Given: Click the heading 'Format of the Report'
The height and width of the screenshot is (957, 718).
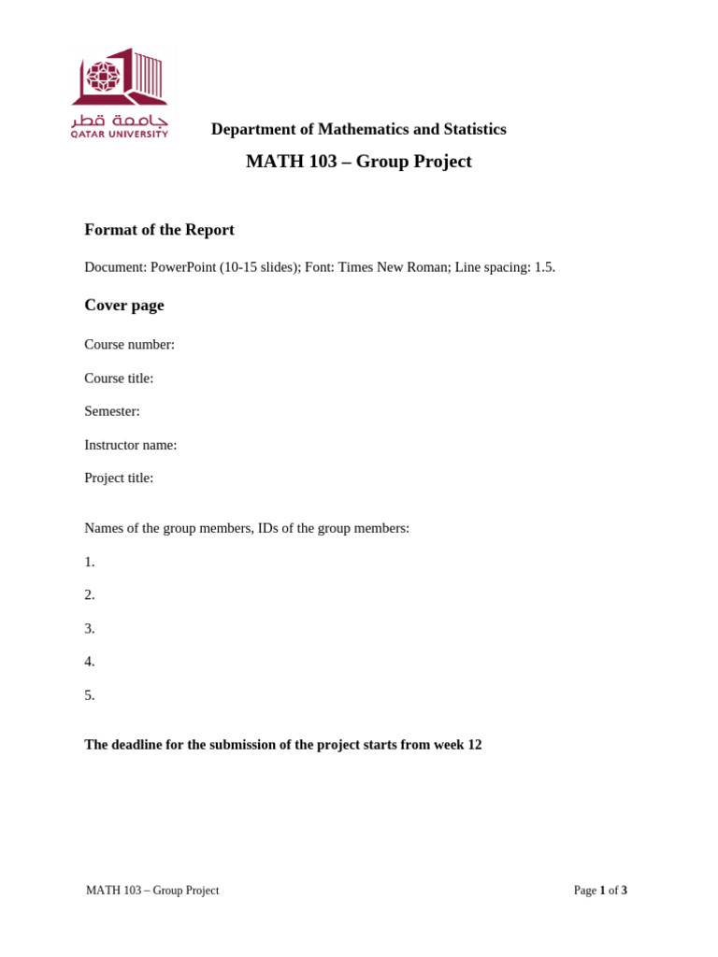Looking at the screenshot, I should [159, 230].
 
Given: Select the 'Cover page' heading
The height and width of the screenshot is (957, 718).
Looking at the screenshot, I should [124, 306].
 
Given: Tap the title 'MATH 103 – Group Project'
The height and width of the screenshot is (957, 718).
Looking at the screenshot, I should [358, 162].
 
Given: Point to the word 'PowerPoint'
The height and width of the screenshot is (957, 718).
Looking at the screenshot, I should [183, 267].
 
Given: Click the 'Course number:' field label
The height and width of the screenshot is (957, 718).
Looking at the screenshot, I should [129, 345].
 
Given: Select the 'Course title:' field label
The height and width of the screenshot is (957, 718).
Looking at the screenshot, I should [119, 379].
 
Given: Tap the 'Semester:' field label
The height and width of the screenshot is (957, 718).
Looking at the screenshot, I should [112, 411].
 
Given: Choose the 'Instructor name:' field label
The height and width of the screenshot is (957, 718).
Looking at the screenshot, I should [131, 445].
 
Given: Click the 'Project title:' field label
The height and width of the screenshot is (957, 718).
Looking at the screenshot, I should [119, 478].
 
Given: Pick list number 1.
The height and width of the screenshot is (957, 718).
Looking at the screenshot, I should [90, 563].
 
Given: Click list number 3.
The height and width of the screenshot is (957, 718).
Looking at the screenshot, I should [90, 629].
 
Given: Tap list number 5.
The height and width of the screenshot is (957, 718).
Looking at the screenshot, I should [90, 695].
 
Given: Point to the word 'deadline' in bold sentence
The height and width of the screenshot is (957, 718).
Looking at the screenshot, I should [140, 745].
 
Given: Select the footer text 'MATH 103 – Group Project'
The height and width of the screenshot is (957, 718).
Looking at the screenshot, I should [152, 891].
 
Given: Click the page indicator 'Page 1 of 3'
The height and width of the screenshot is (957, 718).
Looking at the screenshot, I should [600, 891].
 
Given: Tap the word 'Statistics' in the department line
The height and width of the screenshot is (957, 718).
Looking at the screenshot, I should [475, 129].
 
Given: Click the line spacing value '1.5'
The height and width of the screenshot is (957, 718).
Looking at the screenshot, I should [544, 267].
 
